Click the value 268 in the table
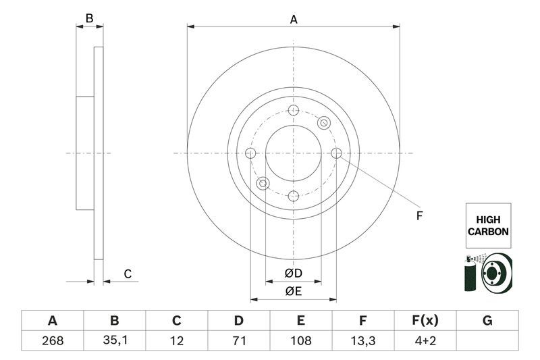52,340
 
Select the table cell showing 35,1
114,340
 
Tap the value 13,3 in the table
362,340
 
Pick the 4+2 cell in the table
425,340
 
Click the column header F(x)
425,320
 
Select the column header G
487,320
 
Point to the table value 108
301,340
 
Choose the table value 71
238,340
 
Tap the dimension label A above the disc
293,20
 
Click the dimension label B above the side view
89,19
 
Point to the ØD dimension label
292,273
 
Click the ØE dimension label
292,291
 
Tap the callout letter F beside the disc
418,216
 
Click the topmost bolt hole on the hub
293,111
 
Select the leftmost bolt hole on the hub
250,153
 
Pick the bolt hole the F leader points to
336,153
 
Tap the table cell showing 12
176,340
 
